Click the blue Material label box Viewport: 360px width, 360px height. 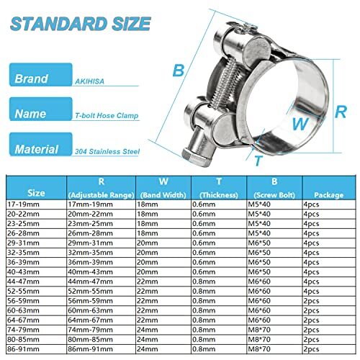click(36, 149)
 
